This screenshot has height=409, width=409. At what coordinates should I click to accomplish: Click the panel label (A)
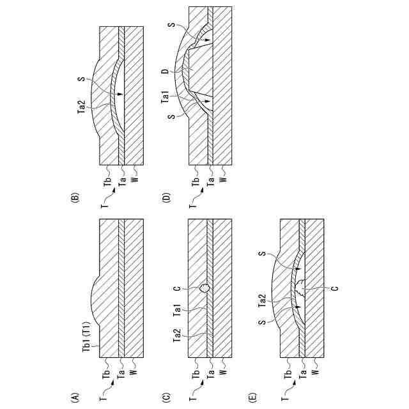pos(75,398)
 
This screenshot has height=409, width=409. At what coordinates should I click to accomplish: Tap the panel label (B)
pos(75,199)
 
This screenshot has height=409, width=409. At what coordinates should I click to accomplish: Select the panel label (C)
pos(165,398)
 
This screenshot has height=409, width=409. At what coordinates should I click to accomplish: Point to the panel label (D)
pos(165,199)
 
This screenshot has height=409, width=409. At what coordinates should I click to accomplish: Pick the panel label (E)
pos(254,398)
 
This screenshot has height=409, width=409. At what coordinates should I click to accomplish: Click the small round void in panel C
pos(204,288)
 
